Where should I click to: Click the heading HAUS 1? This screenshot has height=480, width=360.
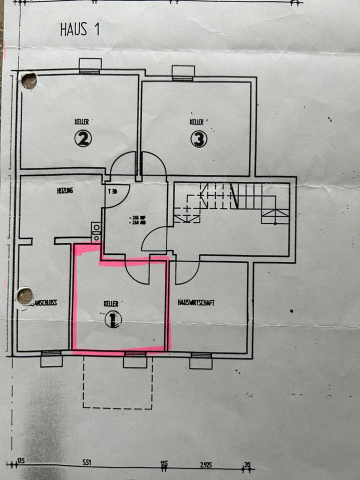pos(80,29)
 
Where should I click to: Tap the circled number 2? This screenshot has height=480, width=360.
pos(83,138)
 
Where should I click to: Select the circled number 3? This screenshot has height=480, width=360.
pos(198,139)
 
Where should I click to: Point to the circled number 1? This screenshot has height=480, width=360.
pos(113,318)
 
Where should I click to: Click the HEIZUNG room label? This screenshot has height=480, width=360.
pos(65,190)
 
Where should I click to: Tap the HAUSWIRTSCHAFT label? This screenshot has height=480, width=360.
pos(196,302)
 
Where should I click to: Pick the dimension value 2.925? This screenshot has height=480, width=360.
pos(205,464)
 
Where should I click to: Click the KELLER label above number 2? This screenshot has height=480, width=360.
pos(82,121)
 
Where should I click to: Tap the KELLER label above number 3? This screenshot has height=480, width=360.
pos(196,121)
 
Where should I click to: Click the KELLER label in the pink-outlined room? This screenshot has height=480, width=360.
pos(111,303)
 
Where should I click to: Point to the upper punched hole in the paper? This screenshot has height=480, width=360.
pos(29,80)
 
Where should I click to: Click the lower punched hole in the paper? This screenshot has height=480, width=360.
pos(25,296)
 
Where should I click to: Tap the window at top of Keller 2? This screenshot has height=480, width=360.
pos(90,66)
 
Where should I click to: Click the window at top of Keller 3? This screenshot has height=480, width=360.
pos(183,72)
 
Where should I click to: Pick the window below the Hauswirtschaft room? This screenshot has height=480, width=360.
pos(201,360)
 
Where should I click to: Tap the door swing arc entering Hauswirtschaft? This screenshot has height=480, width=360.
pos(187,272)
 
